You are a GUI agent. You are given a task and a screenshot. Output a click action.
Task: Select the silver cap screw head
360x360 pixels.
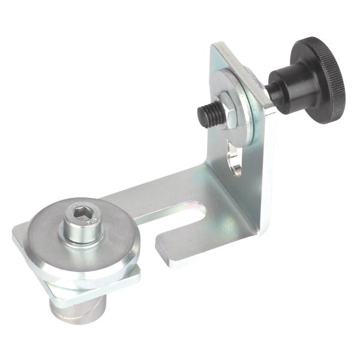click(81, 225)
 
